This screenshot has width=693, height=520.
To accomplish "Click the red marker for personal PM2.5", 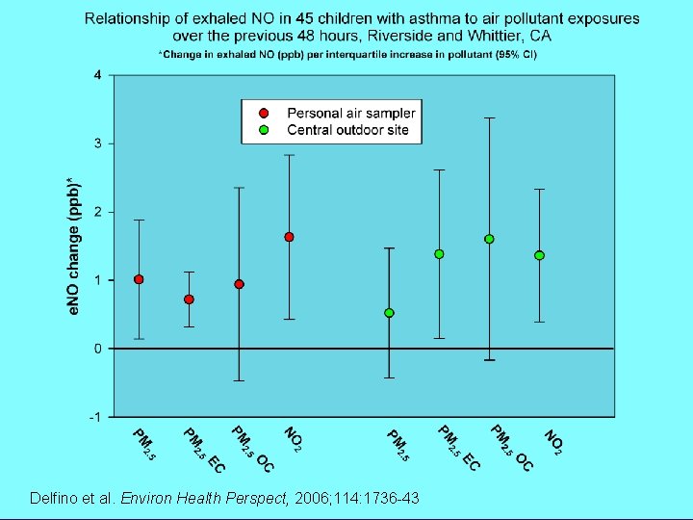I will (139, 279).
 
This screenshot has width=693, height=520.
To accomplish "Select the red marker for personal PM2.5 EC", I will (189, 299).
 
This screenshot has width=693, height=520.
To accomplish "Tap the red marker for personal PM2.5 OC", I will (239, 284).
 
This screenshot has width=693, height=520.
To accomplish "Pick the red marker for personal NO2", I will (289, 237).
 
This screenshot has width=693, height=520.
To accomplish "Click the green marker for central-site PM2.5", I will (389, 313).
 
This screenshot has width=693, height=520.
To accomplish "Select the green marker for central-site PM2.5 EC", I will (439, 254).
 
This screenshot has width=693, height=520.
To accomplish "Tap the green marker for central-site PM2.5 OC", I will (489, 239).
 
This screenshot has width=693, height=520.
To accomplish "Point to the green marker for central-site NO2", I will (539, 255).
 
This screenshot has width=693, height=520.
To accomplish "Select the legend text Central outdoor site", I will (347, 130).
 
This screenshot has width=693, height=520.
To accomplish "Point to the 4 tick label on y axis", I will (97, 75).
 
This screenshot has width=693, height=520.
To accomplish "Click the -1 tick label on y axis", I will (94, 417).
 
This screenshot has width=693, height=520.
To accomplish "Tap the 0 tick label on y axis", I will (97, 349).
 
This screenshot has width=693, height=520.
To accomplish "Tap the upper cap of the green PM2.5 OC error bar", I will (489, 117).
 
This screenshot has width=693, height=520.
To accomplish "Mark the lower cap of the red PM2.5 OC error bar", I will (239, 380).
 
